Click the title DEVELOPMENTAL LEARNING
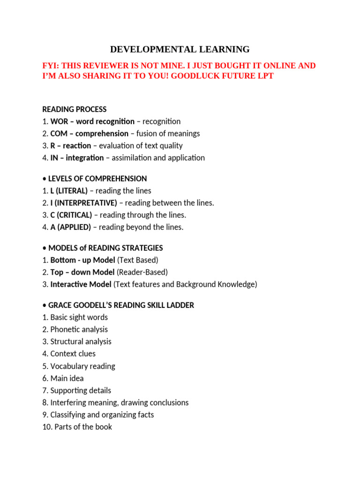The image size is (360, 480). [180, 49]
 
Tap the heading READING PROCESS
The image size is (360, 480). [75, 109]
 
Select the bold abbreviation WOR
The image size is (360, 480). [59, 121]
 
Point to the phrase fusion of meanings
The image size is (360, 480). [168, 134]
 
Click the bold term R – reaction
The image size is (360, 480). [70, 146]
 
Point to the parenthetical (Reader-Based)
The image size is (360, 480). [142, 272]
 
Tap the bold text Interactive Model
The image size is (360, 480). [81, 285]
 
